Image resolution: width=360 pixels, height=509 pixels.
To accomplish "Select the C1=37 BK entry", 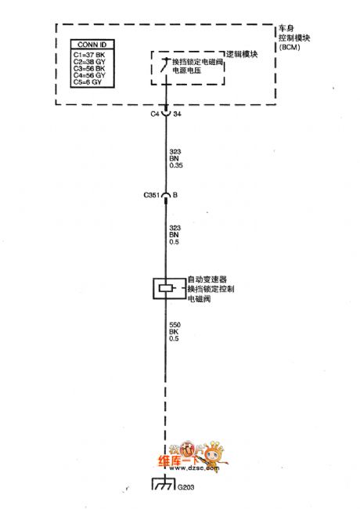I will pyautogui.click(x=88, y=56).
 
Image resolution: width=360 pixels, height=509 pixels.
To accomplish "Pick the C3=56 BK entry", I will pyautogui.click(x=88, y=68).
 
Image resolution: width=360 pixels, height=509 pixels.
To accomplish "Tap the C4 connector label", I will pyautogui.click(x=154, y=114).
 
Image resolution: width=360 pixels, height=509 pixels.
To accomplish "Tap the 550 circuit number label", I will pyautogui.click(x=176, y=323).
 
